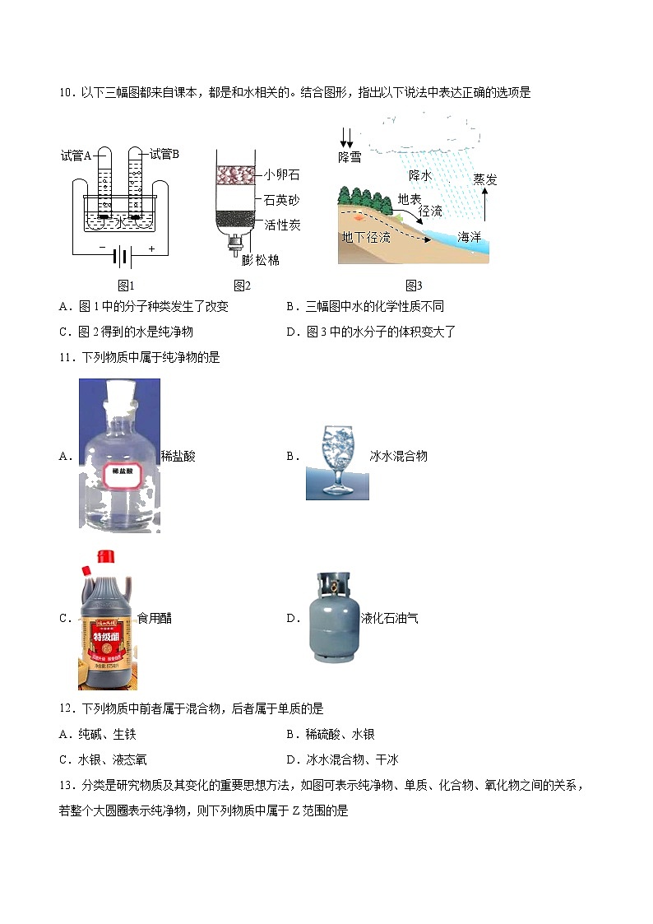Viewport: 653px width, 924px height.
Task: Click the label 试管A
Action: pyautogui.click(x=76, y=155)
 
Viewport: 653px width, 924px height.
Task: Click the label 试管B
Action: pyautogui.click(x=164, y=154)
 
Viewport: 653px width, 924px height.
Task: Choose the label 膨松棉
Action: pyautogui.click(x=261, y=260)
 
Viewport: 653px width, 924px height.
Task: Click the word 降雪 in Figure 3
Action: pyautogui.click(x=350, y=156)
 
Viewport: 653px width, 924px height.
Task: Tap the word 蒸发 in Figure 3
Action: pyautogui.click(x=485, y=179)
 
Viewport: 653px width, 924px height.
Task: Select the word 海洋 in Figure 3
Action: pyautogui.click(x=469, y=237)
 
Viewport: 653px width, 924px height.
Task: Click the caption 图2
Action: pyautogui.click(x=241, y=286)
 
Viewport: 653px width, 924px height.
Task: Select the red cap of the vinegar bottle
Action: pyautogui.click(x=104, y=557)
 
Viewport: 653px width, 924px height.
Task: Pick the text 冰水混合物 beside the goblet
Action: pyautogui.click(x=399, y=456)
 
